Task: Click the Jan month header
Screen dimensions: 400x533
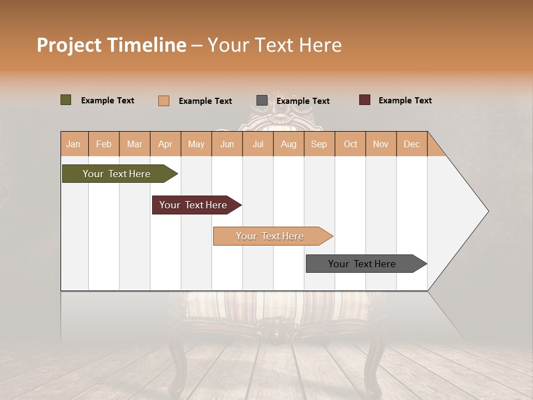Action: (74, 144)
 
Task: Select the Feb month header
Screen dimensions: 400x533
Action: (104, 144)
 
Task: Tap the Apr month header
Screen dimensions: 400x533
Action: (165, 144)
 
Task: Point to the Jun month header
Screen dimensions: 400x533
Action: (227, 144)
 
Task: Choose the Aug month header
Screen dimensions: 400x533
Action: (289, 144)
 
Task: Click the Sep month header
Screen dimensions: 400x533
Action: (319, 144)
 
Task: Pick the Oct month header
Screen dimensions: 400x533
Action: (350, 144)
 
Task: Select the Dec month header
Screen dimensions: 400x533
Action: (411, 144)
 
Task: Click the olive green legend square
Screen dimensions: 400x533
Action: (66, 100)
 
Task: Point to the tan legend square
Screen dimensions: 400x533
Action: (164, 101)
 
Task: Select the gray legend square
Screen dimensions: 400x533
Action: (262, 101)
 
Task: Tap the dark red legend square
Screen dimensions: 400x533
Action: (364, 100)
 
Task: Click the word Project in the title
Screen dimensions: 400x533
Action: (69, 45)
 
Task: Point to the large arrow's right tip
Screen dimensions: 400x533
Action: (487, 211)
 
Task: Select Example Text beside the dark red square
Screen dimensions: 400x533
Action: (405, 101)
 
